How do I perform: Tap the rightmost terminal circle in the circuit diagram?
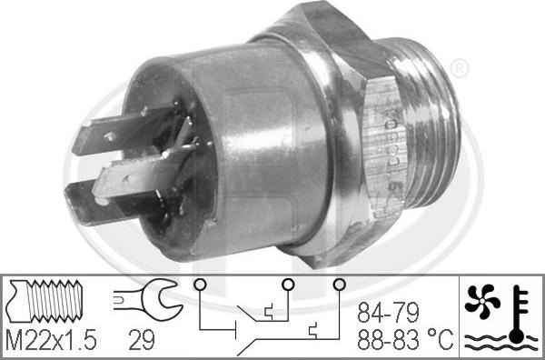(339, 284)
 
